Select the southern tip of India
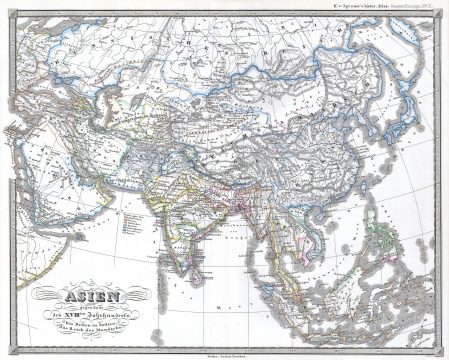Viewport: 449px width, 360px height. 185,257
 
